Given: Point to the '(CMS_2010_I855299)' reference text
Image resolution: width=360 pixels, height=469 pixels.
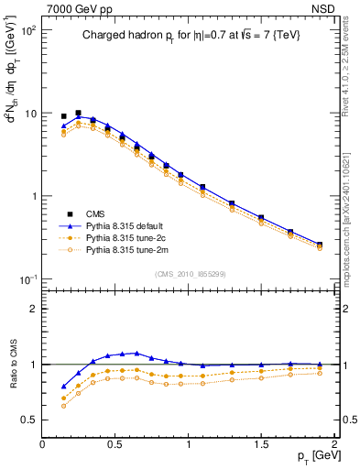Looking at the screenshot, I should pos(190,273).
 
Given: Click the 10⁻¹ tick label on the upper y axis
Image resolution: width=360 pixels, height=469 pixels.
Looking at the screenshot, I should pos(27,278).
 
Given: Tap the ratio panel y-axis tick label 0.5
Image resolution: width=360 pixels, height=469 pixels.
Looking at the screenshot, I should pos(29,420).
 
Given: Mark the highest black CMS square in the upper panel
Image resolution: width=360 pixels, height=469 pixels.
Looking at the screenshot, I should pos(78,113).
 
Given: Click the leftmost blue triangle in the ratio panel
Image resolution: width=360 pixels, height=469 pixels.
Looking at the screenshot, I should pos(63,387).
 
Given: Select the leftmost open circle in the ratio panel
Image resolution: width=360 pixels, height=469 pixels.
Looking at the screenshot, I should pos(63,406).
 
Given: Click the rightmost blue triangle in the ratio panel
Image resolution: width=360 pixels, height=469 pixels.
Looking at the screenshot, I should pos(319,365).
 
